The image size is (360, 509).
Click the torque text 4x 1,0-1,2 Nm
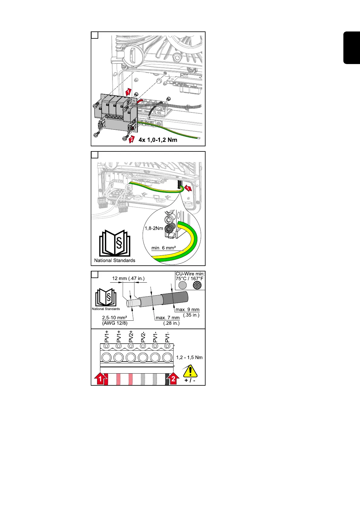[x=158, y=140]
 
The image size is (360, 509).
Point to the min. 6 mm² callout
[x=164, y=248]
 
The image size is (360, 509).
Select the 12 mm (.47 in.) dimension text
[x=128, y=278]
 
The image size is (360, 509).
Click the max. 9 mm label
[x=187, y=310]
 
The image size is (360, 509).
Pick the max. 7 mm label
[x=167, y=318]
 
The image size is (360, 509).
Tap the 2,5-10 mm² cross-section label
[x=114, y=318]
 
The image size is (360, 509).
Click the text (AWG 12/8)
[x=115, y=323]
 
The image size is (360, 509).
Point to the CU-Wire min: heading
[x=190, y=274]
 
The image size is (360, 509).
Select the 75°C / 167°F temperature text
[x=190, y=278]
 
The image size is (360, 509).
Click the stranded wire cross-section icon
[x=197, y=285]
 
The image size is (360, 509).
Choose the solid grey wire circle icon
[x=182, y=285]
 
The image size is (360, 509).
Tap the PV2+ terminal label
[x=131, y=336]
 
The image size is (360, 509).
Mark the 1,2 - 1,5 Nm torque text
[x=189, y=357]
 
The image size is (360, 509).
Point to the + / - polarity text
[x=190, y=380]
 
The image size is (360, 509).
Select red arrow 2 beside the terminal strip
[x=173, y=379]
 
